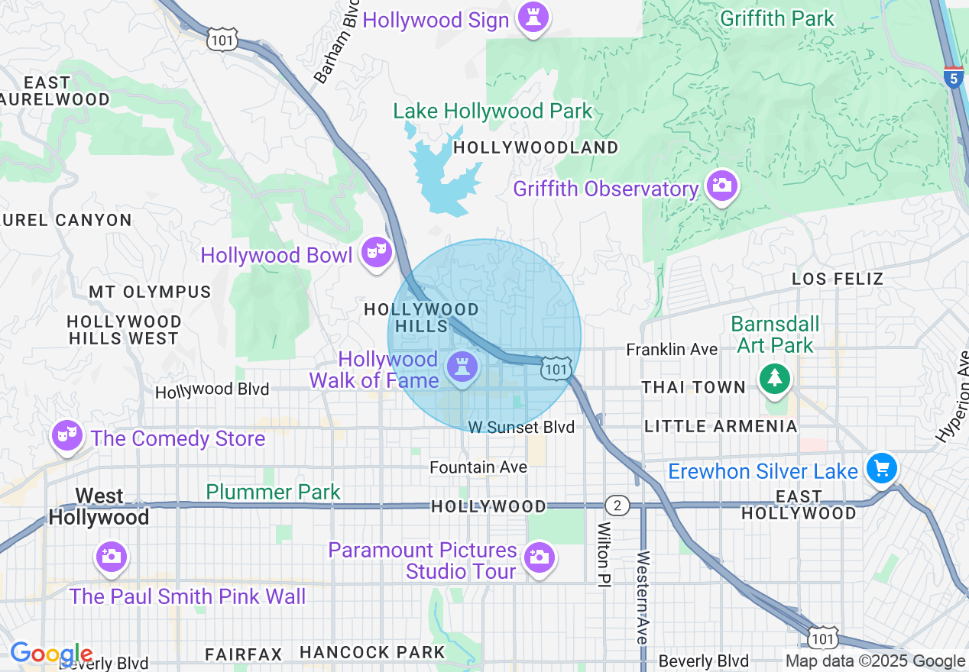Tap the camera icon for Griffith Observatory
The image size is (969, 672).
click(x=721, y=186)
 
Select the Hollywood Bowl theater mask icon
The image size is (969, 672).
click(x=376, y=251)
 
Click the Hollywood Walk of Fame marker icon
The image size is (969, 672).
click(x=462, y=367)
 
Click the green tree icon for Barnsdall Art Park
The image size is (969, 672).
click(x=775, y=378)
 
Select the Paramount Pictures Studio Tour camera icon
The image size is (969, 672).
click(x=540, y=557)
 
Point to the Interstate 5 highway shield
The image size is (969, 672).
click(x=953, y=77)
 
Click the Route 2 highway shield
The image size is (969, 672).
click(x=617, y=506)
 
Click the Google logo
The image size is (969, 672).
click(x=51, y=654)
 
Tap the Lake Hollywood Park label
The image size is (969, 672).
click(x=492, y=111)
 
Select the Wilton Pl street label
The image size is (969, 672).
click(x=604, y=554)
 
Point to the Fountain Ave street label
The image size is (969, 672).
click(x=478, y=467)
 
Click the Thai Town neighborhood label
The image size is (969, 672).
click(x=693, y=387)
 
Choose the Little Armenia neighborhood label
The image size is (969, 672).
click(x=721, y=426)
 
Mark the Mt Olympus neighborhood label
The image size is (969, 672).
click(x=150, y=292)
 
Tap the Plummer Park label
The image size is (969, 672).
click(x=273, y=492)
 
